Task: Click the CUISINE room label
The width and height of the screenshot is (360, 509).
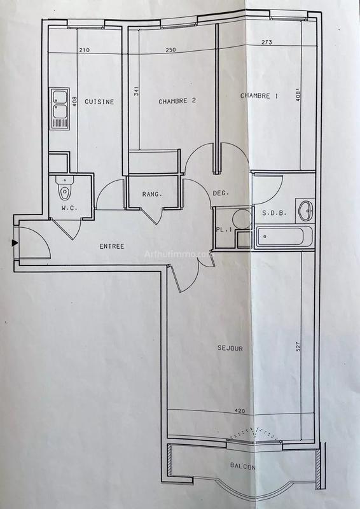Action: click(100, 102)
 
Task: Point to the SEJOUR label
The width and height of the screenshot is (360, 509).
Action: click(229, 348)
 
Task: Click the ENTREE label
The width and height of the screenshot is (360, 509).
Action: click(111, 246)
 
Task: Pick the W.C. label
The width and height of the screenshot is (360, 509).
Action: click(69, 208)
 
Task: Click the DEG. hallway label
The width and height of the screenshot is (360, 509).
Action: click(221, 193)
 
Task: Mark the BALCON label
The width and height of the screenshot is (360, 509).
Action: click(244, 466)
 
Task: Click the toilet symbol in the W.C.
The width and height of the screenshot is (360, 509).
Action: click(65, 190)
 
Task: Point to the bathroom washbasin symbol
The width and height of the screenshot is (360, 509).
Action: click(307, 207)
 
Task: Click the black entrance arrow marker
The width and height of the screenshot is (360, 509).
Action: click(14, 242)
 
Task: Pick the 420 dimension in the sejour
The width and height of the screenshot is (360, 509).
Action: click(240, 412)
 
